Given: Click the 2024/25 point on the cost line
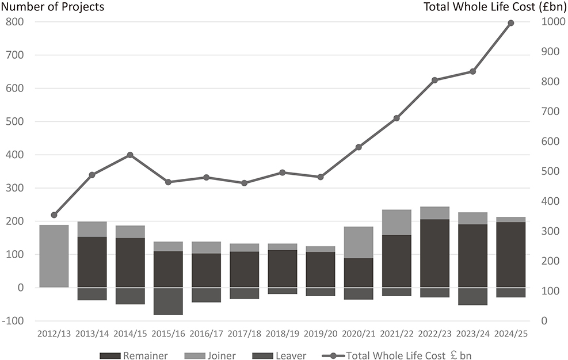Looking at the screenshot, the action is (511, 23).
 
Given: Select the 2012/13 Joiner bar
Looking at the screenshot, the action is (54, 256).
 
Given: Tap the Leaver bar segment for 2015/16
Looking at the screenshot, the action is (168, 301).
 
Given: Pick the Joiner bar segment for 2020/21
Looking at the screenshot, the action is (359, 242).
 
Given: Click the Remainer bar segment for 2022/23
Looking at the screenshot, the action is (434, 253).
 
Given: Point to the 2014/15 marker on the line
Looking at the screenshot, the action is (131, 155).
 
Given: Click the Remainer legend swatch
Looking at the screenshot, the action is (110, 355).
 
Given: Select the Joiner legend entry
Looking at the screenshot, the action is (210, 355).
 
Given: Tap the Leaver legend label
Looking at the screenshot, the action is (291, 355).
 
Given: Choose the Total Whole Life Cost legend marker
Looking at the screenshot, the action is (333, 355).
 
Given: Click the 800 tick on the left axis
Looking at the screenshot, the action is (15, 22).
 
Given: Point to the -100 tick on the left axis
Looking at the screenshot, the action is (13, 321).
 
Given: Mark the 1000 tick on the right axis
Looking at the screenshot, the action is (553, 22).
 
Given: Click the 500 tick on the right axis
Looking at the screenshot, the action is (550, 171).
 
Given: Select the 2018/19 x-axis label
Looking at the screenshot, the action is (283, 334).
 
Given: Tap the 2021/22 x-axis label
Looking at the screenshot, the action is (397, 334).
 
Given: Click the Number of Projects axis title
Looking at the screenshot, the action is (53, 6).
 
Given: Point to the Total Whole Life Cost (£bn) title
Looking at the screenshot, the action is (495, 6).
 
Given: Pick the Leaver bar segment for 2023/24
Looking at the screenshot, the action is (472, 297).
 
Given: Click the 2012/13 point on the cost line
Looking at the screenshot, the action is (54, 215).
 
